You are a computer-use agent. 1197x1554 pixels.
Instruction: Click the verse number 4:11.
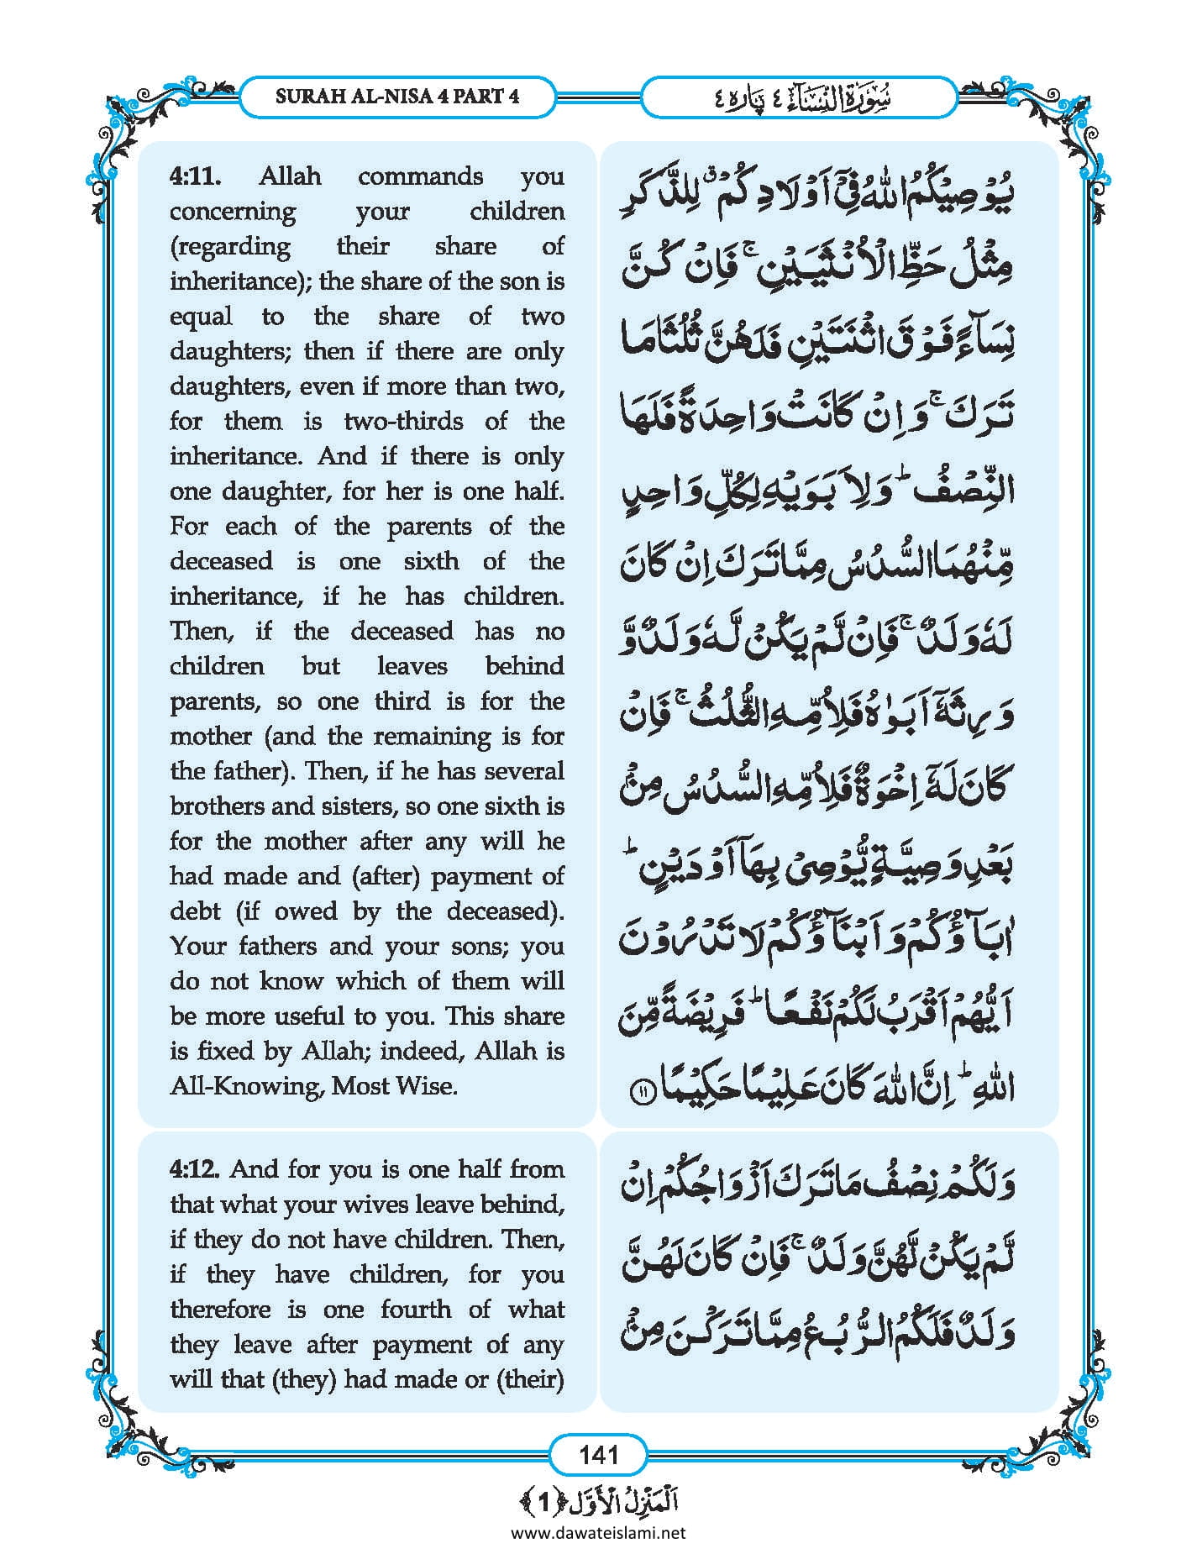pyautogui.click(x=196, y=176)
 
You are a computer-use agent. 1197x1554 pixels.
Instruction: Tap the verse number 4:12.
pyautogui.click(x=195, y=1169)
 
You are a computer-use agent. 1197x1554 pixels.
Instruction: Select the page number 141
pyautogui.click(x=598, y=1454)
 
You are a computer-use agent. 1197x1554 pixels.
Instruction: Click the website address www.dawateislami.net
pyautogui.click(x=598, y=1532)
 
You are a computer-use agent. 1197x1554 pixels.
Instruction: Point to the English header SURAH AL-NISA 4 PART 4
pyautogui.click(x=397, y=96)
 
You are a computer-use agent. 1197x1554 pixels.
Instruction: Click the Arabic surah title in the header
pyautogui.click(x=798, y=97)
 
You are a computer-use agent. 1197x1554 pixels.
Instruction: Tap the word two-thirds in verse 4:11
pyautogui.click(x=403, y=421)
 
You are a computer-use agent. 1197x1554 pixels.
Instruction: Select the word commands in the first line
pyautogui.click(x=420, y=176)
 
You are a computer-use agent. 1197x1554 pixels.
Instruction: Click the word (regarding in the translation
pyautogui.click(x=230, y=247)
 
